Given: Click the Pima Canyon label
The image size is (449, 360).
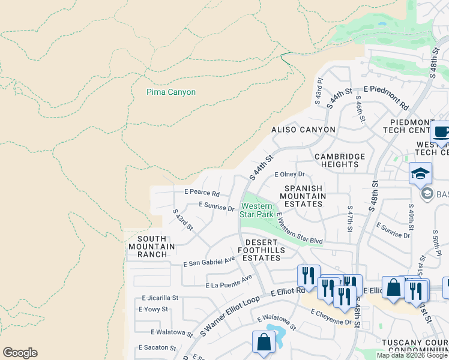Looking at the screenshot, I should click(171, 92).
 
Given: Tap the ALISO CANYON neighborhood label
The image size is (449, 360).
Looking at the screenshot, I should click(303, 130).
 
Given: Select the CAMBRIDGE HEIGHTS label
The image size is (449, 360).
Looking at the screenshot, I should click(340, 161).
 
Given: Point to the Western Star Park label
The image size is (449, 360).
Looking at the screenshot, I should click(256, 210).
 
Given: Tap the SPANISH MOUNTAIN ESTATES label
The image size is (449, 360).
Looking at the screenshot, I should click(303, 196).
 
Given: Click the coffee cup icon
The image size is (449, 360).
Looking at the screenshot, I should click(441, 133).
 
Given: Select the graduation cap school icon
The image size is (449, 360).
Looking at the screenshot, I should click(420, 174).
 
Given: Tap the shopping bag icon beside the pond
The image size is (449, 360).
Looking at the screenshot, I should click(264, 342).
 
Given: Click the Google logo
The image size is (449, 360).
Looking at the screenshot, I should click(20, 353).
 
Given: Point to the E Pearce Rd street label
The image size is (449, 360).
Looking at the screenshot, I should click(202, 194).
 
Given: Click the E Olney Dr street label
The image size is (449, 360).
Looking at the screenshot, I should click(290, 175).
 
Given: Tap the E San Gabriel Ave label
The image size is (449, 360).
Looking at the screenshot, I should click(209, 262).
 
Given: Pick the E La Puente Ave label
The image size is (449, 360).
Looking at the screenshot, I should click(229, 282).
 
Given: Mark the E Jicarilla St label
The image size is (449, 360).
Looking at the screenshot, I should click(160, 298).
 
